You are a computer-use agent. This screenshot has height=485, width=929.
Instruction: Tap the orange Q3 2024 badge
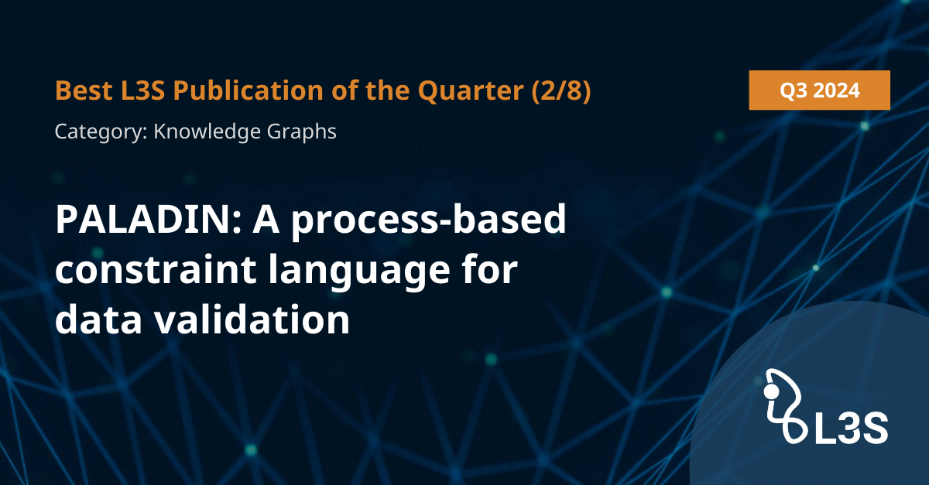coord(819,90)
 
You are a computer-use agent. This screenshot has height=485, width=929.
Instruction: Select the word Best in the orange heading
coord(84,90)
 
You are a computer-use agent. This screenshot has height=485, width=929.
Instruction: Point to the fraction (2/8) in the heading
coord(561,91)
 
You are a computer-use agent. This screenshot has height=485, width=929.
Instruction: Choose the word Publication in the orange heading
coord(248,90)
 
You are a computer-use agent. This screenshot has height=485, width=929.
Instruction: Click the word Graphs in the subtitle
coord(301,132)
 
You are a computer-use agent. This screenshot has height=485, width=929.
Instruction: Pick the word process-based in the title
coord(428,220)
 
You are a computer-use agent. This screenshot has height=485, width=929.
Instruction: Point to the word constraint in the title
coord(156,270)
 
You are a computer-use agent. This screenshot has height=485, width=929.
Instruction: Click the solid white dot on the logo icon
coord(772,391)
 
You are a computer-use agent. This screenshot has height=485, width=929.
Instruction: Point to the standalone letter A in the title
coord(266,219)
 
